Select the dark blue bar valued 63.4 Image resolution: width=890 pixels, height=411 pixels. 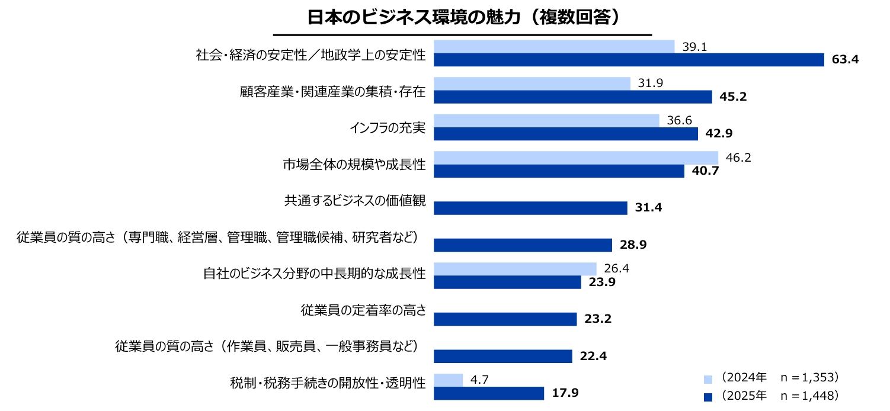pos(629,60)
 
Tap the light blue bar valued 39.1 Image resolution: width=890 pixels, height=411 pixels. pos(554,47)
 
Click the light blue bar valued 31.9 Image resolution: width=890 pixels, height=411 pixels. pos(532,84)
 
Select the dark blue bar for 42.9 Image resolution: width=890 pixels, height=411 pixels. pos(566,134)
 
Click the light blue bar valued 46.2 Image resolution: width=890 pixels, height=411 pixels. pos(576,158)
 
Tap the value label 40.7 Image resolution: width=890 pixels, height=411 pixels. pos(705,171)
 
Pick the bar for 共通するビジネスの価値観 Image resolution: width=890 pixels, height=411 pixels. pos(530,208)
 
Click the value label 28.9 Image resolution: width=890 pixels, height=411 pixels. pos(633,245)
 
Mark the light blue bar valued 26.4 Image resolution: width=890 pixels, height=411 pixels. pos(515,268)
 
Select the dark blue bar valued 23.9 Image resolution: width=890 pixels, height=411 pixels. pos(507,282)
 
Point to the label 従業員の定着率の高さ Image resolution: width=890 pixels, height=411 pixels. pos(363,310)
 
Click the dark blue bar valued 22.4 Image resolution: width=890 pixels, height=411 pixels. pos(503,356)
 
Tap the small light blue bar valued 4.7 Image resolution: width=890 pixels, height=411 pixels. pos(448,380)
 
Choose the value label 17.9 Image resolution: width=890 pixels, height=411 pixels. pos(566,393)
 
